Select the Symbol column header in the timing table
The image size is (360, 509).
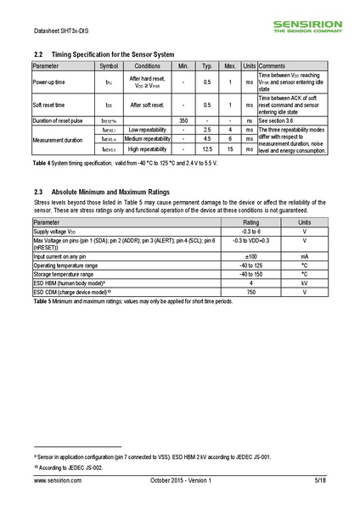(x=110, y=65)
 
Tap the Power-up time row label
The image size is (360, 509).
(x=53, y=82)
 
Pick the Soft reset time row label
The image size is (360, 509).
(x=51, y=105)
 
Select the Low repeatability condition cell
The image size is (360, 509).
(x=147, y=131)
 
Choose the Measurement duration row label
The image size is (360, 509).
(x=58, y=139)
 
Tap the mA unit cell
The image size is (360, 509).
(x=304, y=255)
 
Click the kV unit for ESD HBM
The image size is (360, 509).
(x=304, y=282)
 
